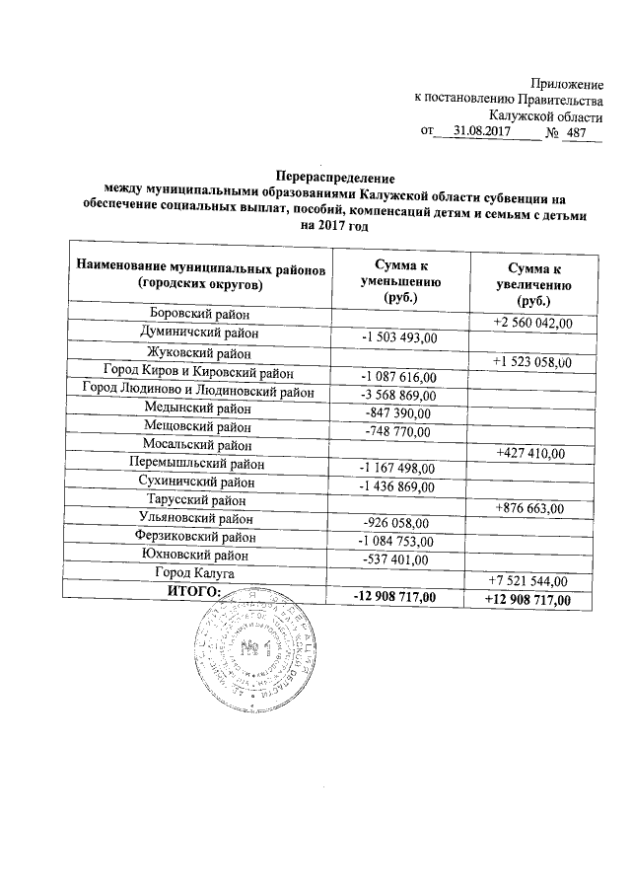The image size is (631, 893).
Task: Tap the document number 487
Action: pos(579,131)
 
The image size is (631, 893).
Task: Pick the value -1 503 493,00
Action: pos(398,339)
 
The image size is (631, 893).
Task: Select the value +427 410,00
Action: pos(528,453)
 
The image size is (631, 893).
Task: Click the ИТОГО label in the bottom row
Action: pos(196,591)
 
